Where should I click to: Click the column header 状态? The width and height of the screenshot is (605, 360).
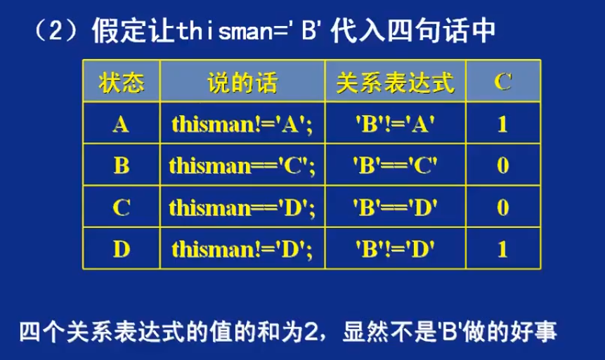click(121, 82)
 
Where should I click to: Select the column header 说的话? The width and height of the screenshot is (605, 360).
click(242, 82)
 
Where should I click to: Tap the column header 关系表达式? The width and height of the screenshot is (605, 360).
click(395, 82)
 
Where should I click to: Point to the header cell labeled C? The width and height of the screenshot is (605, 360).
click(502, 82)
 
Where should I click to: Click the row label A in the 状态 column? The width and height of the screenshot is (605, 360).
click(121, 124)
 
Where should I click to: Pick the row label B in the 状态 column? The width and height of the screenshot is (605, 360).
click(121, 166)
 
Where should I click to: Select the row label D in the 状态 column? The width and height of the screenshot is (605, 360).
click(121, 249)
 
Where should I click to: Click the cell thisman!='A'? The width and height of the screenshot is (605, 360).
click(242, 124)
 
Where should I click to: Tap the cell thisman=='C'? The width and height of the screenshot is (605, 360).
click(242, 166)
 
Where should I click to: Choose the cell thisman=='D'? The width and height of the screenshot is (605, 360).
click(242, 208)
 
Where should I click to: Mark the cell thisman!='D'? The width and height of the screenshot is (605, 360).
click(242, 250)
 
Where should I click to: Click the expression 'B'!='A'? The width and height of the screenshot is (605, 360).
click(395, 124)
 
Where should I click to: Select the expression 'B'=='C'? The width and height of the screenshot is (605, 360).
click(395, 166)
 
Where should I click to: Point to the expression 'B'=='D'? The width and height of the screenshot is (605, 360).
click(395, 207)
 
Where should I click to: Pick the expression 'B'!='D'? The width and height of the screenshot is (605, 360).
click(395, 249)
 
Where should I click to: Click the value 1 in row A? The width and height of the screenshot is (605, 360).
click(502, 124)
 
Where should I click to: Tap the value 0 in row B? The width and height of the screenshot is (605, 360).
click(502, 166)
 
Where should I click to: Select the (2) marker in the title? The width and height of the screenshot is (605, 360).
click(56, 30)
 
